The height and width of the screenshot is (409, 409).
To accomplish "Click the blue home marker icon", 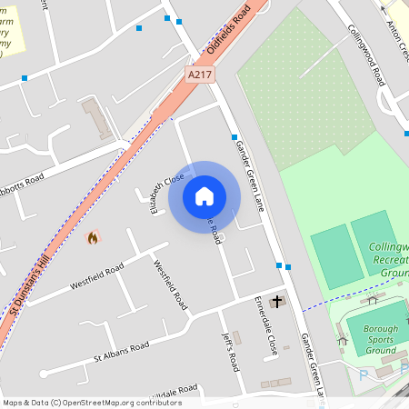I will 204,195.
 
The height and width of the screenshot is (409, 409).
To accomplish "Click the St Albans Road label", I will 121,350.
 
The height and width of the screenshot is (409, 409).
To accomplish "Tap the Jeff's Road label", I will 229,351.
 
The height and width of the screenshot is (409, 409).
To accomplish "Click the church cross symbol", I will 276,301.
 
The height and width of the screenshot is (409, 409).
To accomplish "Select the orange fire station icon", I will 92,238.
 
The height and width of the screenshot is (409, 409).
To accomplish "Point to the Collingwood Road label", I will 366,53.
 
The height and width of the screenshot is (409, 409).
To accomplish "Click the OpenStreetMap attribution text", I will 92,402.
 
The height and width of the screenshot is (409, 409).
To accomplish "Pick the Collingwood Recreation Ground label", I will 389,260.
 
